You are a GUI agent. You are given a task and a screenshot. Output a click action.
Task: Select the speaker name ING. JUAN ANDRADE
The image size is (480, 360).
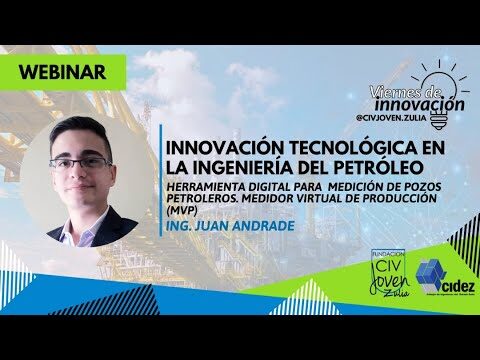coord(229,226)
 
